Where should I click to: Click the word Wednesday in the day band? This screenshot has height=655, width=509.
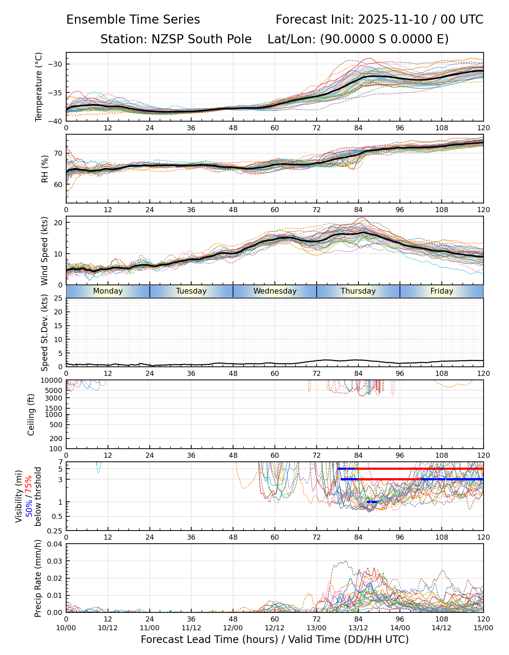pos(275,291)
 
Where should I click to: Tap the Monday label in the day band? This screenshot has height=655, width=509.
pos(108,291)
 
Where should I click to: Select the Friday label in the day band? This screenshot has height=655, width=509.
pos(442,291)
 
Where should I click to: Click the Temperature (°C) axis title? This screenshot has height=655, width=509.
pos(39,87)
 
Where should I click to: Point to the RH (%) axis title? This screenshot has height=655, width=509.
pos(45,169)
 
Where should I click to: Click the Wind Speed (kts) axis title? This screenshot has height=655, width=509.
pos(45,251)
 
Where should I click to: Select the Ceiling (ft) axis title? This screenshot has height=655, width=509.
pos(31,414)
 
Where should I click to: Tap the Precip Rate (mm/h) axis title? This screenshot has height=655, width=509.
pos(38,578)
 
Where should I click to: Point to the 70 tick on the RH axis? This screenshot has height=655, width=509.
pos(58,153)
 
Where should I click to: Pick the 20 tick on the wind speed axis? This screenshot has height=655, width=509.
pos(58,222)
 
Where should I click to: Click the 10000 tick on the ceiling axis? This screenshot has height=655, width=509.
pos(52,381)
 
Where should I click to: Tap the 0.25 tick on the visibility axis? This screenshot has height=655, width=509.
pos(56,531)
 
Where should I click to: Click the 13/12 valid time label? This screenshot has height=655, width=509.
pos(358,628)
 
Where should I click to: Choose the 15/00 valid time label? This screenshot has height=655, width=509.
pos(483,628)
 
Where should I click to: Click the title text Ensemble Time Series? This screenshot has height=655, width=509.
pos(133,20)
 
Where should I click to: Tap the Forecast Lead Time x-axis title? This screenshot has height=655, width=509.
pos(274,639)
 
